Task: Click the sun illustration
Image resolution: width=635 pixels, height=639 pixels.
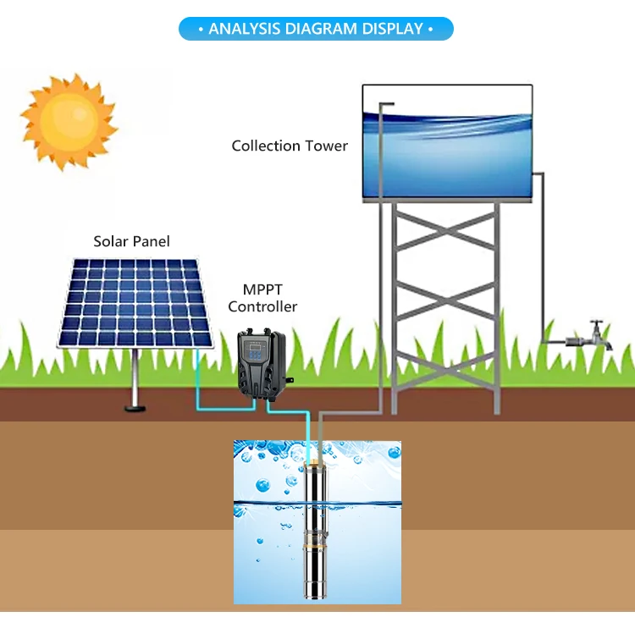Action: (68, 120)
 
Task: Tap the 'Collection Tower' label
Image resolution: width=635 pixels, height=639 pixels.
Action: (290, 146)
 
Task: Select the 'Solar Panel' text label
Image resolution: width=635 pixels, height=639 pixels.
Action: (131, 242)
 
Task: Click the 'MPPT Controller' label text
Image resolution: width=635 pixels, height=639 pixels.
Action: (262, 299)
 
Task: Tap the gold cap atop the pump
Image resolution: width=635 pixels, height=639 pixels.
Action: (315, 465)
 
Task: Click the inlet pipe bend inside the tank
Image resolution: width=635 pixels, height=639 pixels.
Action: (383, 105)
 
